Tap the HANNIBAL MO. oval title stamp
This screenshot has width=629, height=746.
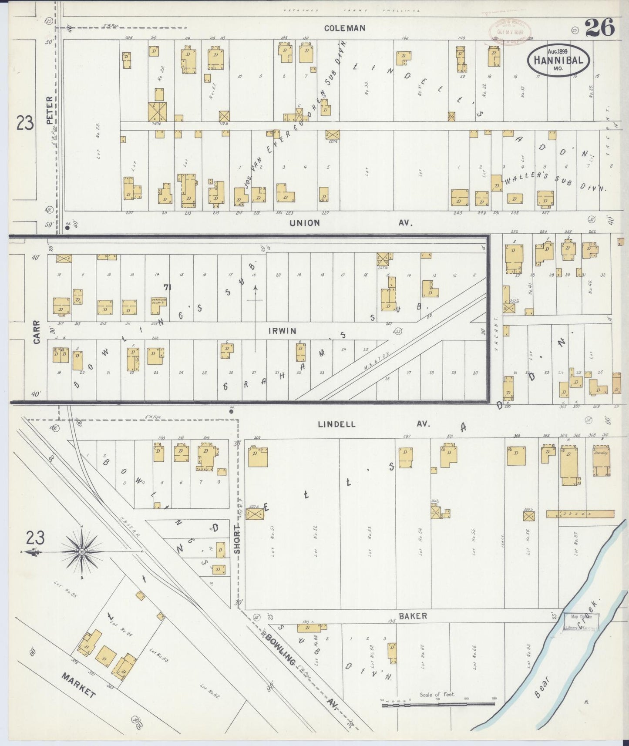tap(558, 61)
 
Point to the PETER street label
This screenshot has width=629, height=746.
tap(49, 111)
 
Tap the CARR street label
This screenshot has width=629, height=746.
tap(36, 332)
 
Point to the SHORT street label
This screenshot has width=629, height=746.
tap(237, 538)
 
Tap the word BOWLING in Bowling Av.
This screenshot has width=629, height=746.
tap(280, 652)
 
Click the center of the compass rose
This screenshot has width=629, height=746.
tap(81, 552)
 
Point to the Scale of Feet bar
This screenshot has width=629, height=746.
tap(439, 705)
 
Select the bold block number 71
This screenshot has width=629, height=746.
tap(166, 287)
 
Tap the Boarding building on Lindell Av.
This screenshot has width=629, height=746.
tap(602, 461)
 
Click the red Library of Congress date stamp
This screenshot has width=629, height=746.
tap(512, 31)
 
